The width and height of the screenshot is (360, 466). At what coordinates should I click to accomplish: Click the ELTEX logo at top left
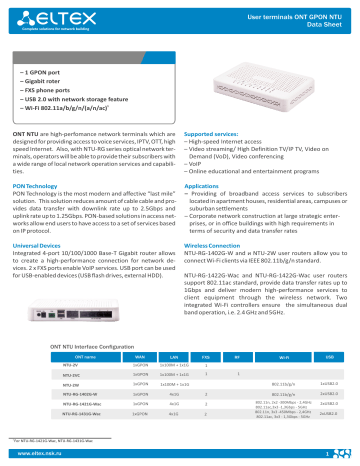(x=48, y=16)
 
